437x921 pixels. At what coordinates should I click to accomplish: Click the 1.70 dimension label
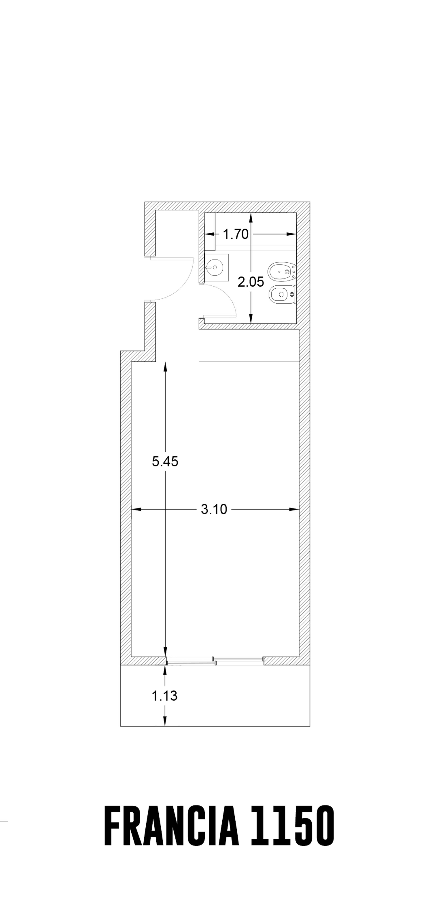235,234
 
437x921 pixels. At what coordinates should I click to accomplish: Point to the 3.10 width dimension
214,509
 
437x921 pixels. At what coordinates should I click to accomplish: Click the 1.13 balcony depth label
165,696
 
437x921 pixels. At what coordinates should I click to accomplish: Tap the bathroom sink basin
215,267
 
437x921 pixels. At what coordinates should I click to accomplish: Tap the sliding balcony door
215,661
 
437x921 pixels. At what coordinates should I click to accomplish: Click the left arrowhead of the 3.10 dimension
136,509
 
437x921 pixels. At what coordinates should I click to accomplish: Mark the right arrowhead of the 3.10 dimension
294,509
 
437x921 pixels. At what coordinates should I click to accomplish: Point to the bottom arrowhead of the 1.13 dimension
165,721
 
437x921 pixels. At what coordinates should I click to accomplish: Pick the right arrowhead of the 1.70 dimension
292,234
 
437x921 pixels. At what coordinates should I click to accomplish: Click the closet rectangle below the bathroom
249,345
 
